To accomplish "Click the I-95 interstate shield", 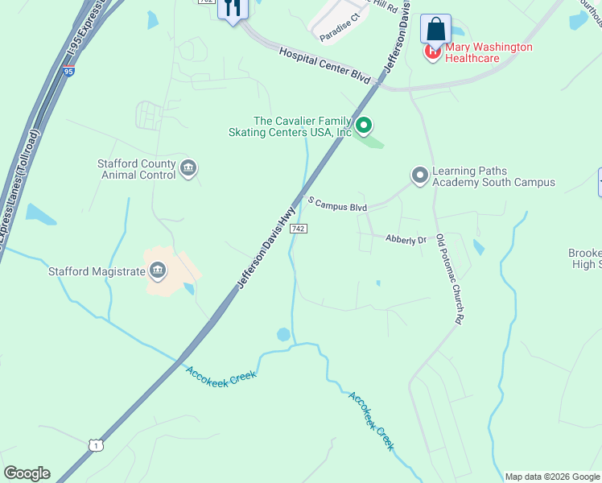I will tap(68, 72).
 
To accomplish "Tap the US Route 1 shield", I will tap(95, 445).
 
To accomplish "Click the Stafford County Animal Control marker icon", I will tap(188, 168).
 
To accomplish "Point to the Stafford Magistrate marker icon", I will tap(158, 270).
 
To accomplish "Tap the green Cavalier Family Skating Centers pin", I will tap(364, 125).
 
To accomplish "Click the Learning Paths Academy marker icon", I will tap(419, 175).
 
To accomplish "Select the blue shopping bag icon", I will tap(435, 29).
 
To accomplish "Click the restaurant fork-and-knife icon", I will tap(233, 9).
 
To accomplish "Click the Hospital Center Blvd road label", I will tap(324, 66).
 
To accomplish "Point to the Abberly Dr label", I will tap(406, 240).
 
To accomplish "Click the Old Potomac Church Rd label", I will tap(449, 279).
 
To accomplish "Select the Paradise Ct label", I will tap(338, 33).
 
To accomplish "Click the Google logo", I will tap(27, 473).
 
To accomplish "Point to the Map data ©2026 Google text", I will tap(551, 477).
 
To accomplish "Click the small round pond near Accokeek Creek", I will tap(283, 333).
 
